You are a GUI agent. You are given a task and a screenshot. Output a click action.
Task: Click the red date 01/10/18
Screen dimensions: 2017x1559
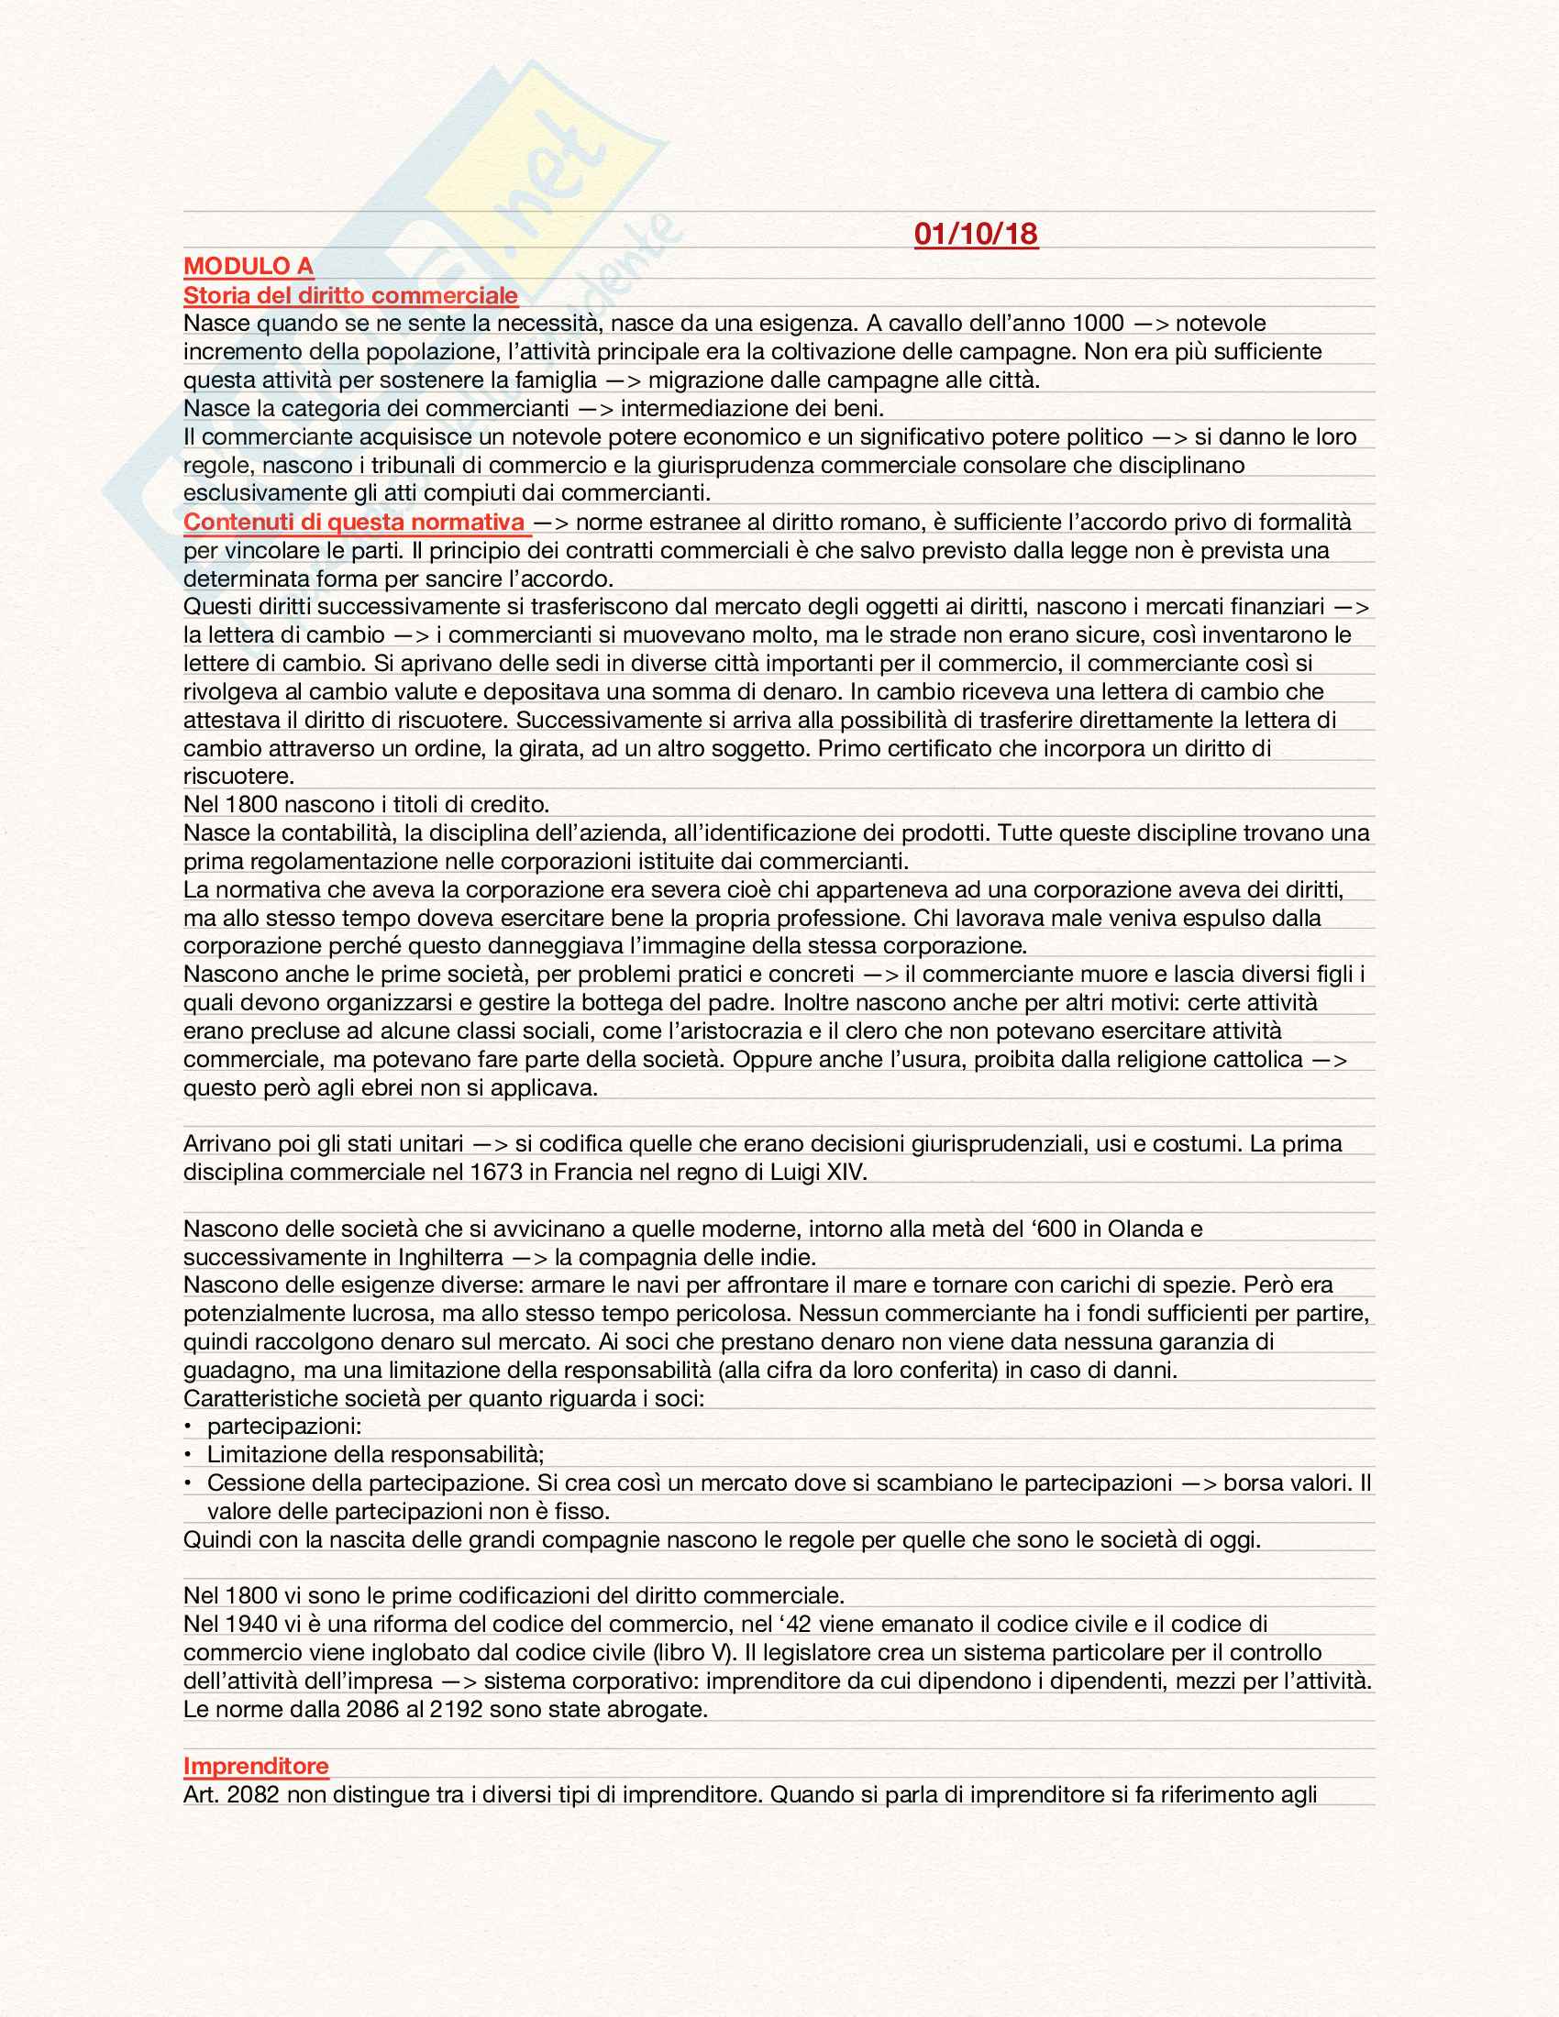click(x=976, y=233)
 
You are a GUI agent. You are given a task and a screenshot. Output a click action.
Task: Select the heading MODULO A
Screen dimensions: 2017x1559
click(x=248, y=266)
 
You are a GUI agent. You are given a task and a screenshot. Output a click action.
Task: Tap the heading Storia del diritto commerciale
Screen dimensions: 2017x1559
click(x=350, y=294)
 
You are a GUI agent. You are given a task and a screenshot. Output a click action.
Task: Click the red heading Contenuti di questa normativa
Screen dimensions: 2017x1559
click(x=355, y=522)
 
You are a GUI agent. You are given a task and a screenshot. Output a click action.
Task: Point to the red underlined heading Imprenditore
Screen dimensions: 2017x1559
click(x=256, y=1765)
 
